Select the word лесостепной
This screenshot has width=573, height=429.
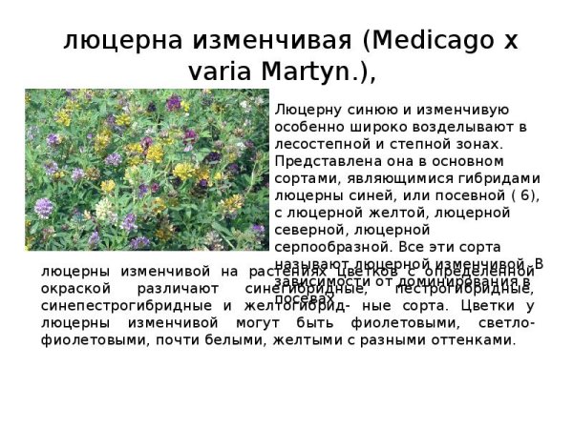[x=317, y=143]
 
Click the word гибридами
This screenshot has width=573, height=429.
[x=504, y=177]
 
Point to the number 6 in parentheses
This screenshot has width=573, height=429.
[x=521, y=194]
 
